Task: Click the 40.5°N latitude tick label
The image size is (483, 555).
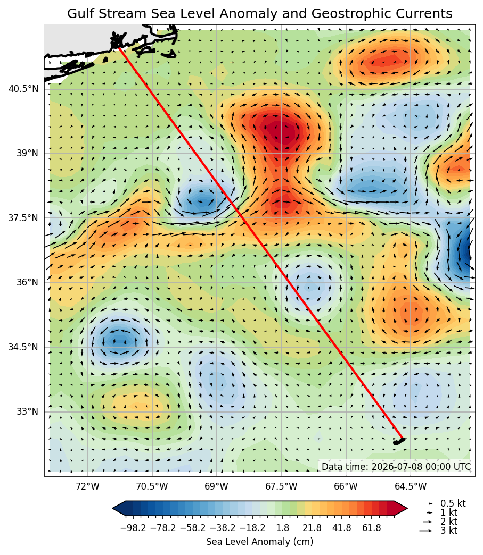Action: (x=23, y=88)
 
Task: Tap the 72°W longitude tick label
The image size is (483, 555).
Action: (x=87, y=486)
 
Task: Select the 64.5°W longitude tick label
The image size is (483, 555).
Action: (x=411, y=486)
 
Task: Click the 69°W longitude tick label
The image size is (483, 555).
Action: (x=217, y=486)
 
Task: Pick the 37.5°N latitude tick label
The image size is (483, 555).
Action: (x=23, y=217)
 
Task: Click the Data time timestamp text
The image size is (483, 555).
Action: (x=396, y=467)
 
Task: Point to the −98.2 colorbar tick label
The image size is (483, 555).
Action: (x=133, y=528)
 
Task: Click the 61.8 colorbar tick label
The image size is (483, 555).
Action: (x=372, y=528)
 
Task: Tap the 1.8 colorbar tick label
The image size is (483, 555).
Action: (x=283, y=528)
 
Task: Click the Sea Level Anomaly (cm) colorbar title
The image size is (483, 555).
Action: (x=259, y=542)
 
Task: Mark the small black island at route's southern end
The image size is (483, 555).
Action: (x=399, y=441)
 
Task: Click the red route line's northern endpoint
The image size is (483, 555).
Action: (x=119, y=48)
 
